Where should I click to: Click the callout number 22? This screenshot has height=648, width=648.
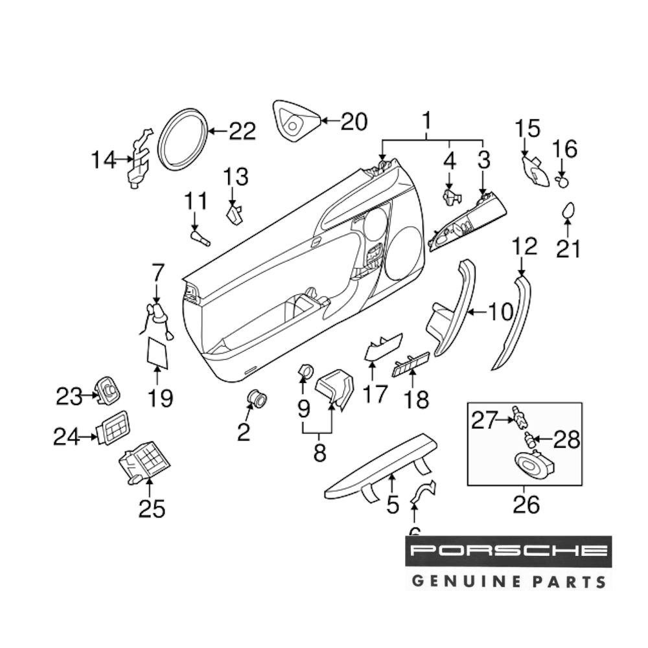242,132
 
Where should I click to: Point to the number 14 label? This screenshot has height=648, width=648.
104,159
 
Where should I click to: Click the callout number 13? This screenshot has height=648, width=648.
236,176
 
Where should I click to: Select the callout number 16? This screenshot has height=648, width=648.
564,150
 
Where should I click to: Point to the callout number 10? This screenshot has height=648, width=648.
500,312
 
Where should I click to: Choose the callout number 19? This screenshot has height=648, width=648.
159,398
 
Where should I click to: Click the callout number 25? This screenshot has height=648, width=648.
151,509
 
